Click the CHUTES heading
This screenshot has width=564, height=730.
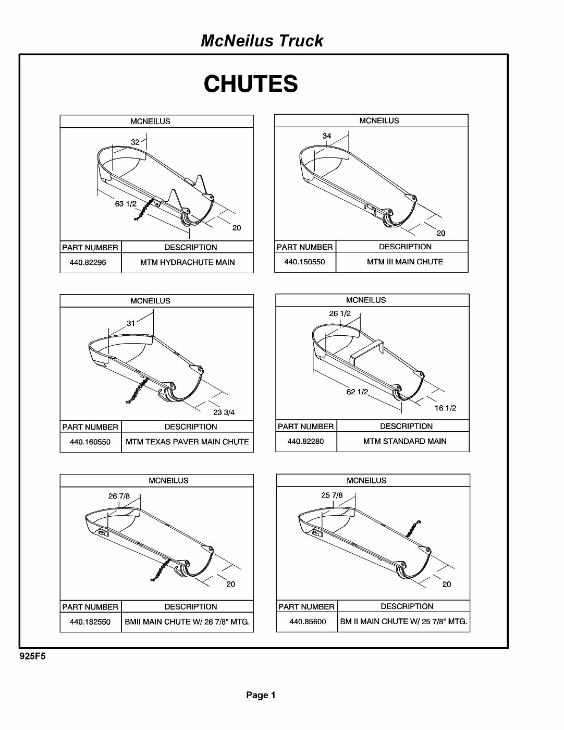point(251,84)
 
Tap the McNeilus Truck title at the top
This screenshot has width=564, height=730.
point(262,41)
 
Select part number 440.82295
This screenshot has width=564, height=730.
point(88,262)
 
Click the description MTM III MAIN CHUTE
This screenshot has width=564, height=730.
point(404,262)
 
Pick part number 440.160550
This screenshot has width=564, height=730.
point(90,442)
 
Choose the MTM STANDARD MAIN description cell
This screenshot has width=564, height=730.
point(404,441)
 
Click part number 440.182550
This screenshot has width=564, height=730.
point(90,622)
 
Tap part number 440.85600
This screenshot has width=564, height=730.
point(308,622)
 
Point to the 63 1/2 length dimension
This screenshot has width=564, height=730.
point(126,203)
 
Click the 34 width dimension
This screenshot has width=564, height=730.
point(327,136)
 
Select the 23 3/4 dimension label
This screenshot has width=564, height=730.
point(224,412)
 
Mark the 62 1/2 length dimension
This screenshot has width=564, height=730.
point(357,392)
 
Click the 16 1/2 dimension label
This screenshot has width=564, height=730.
point(445,408)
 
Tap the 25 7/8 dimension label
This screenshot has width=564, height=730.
point(332,495)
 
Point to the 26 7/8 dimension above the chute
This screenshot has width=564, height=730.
point(119,496)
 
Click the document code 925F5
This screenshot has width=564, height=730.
point(32,656)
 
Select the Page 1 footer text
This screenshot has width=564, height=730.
point(261,695)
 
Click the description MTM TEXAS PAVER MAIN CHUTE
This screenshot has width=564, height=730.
point(187,442)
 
